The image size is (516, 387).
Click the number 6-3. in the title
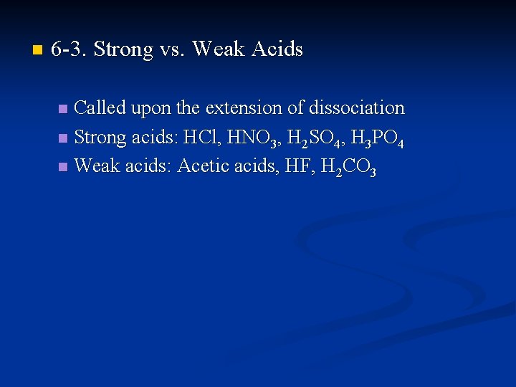coord(70,49)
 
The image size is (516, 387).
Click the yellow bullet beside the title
coord(37,50)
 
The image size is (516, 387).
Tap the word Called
coord(100,108)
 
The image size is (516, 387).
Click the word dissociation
coord(356,108)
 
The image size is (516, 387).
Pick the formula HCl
coord(200,138)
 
